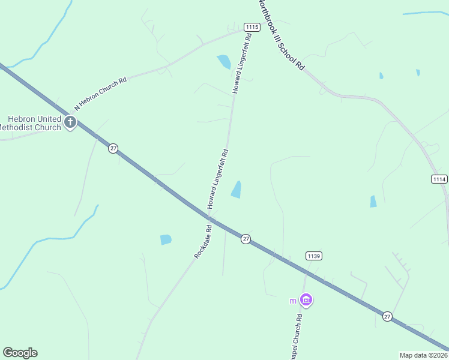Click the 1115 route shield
(x=252, y=26)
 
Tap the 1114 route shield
(x=439, y=179)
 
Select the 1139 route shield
(x=314, y=256)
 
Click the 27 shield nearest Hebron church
(x=113, y=148)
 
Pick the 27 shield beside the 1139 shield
(x=246, y=239)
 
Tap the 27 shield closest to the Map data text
(x=387, y=316)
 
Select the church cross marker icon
(x=70, y=123)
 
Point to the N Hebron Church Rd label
(x=100, y=94)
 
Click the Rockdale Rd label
(x=203, y=241)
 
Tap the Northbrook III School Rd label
(x=280, y=35)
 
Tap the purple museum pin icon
(x=306, y=299)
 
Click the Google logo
(x=20, y=353)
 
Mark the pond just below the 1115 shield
(x=224, y=61)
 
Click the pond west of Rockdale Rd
(x=166, y=239)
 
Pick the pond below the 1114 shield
(x=373, y=202)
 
